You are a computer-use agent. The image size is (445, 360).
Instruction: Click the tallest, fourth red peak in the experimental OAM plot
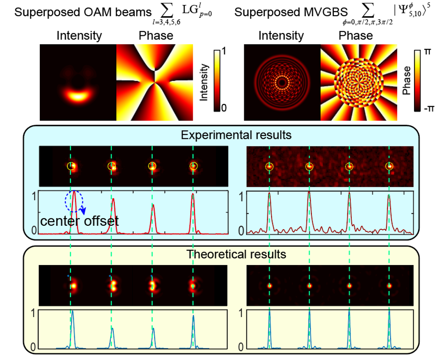(193, 195)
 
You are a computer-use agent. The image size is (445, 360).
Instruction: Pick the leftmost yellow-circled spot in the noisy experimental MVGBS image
(269, 167)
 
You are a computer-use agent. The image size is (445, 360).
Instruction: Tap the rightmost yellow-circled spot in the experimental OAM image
(193, 166)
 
